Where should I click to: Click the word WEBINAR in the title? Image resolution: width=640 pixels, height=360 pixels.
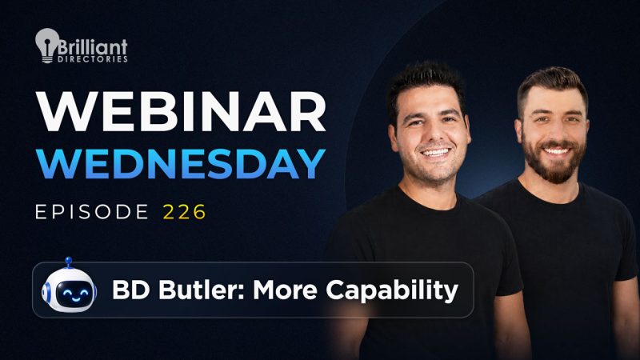[181, 111]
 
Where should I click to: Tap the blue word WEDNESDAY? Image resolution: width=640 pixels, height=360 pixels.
[181, 164]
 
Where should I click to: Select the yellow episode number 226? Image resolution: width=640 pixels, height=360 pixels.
[185, 212]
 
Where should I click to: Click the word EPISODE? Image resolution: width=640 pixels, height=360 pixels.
[92, 212]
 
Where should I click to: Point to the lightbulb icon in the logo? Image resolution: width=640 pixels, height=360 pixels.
[47, 46]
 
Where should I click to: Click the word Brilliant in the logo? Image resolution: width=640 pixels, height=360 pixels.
[93, 46]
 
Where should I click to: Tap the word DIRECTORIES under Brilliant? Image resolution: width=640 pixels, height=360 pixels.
[93, 59]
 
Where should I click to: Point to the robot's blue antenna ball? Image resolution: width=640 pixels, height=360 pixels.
[69, 260]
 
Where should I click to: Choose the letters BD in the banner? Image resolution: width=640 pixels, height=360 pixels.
[131, 290]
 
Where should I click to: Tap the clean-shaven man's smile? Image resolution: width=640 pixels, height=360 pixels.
[435, 153]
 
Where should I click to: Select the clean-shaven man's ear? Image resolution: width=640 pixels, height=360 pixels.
[393, 138]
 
